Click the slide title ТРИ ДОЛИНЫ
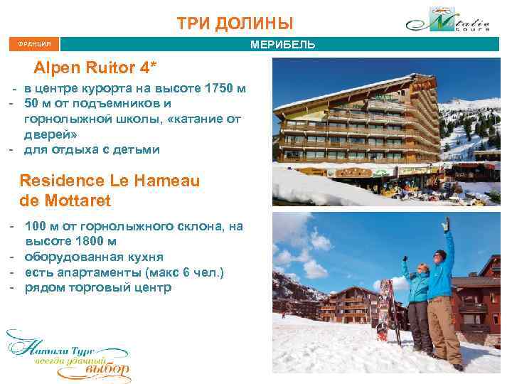[x=235, y=23]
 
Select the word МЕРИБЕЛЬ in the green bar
[x=283, y=46]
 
